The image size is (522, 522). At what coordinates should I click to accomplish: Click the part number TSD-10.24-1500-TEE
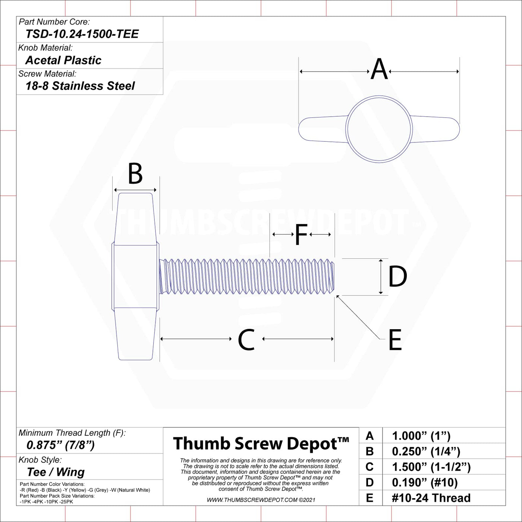pyautogui.click(x=82, y=34)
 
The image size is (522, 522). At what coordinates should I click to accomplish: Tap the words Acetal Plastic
pyautogui.click(x=63, y=60)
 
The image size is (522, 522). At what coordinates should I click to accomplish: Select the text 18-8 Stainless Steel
pyautogui.click(x=80, y=86)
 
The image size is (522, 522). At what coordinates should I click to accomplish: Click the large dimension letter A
pyautogui.click(x=379, y=69)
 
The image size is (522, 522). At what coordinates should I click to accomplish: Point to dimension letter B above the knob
pyautogui.click(x=135, y=173)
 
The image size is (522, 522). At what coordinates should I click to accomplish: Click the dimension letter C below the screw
pyautogui.click(x=246, y=339)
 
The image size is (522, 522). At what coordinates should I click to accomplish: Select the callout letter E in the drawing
pyautogui.click(x=395, y=340)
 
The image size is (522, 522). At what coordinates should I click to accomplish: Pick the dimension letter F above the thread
pyautogui.click(x=301, y=234)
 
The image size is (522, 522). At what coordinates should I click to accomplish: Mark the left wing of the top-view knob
pyautogui.click(x=323, y=129)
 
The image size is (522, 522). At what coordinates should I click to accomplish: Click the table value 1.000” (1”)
pyautogui.click(x=421, y=436)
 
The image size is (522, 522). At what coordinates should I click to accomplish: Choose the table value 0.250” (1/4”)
pyautogui.click(x=426, y=451)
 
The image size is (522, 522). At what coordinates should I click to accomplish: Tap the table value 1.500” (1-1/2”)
pyautogui.click(x=431, y=467)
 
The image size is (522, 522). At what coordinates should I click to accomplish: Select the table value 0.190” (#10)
pyautogui.click(x=425, y=482)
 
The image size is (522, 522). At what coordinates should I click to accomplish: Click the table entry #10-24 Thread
pyautogui.click(x=431, y=498)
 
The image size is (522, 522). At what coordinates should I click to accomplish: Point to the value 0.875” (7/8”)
pyautogui.click(x=60, y=445)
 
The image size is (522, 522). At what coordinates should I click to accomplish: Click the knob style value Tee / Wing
pyautogui.click(x=56, y=472)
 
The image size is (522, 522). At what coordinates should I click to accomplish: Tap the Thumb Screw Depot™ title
pyautogui.click(x=261, y=444)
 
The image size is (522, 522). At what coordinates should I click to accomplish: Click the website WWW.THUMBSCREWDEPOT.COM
pyautogui.click(x=252, y=500)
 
